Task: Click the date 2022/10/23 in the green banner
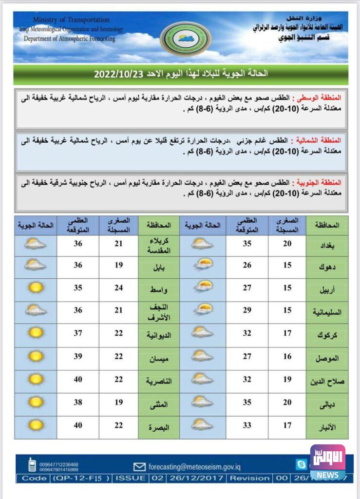click(x=117, y=74)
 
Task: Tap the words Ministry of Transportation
click(x=71, y=20)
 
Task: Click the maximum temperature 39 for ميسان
click(x=77, y=357)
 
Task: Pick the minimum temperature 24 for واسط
click(x=118, y=288)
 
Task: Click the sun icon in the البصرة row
click(x=36, y=425)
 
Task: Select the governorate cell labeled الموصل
click(x=327, y=358)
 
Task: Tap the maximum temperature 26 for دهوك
click(x=246, y=265)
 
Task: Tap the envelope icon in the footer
click(x=139, y=466)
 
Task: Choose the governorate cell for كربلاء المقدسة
click(x=159, y=245)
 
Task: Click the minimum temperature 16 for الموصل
click(x=287, y=357)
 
